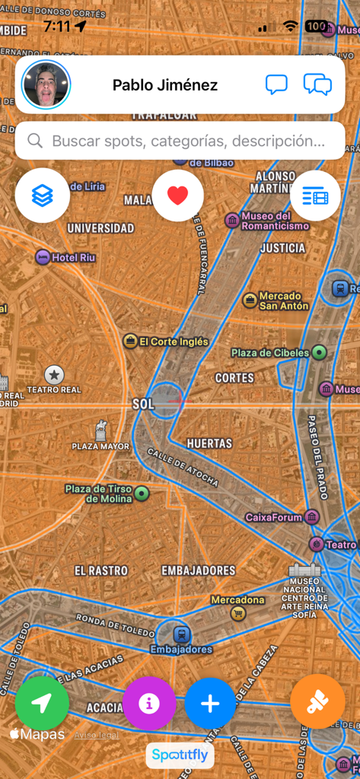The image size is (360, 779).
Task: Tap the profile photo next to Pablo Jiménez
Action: pos(46,85)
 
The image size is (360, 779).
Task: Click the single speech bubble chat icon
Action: pos(276,84)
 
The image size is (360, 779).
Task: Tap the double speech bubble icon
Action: pos(317,84)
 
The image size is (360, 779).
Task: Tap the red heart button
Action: pos(177,196)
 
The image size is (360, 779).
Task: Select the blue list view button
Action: pos(315,196)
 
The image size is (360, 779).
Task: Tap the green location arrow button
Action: pos(42,704)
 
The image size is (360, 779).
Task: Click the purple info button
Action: pos(149,704)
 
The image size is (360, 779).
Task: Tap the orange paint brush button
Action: pos(317,702)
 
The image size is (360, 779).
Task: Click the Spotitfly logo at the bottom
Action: pos(180,755)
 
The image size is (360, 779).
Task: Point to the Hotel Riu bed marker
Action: pos(43,257)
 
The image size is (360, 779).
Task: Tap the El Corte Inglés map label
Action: pos(174,342)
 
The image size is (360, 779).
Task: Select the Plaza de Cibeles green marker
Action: pos(320,352)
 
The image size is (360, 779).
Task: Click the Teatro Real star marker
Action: pos(54,374)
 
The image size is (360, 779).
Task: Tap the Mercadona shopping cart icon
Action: pos(238,613)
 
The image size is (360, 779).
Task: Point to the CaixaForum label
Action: pos(273,517)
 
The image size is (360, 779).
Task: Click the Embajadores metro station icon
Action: pos(181,634)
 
